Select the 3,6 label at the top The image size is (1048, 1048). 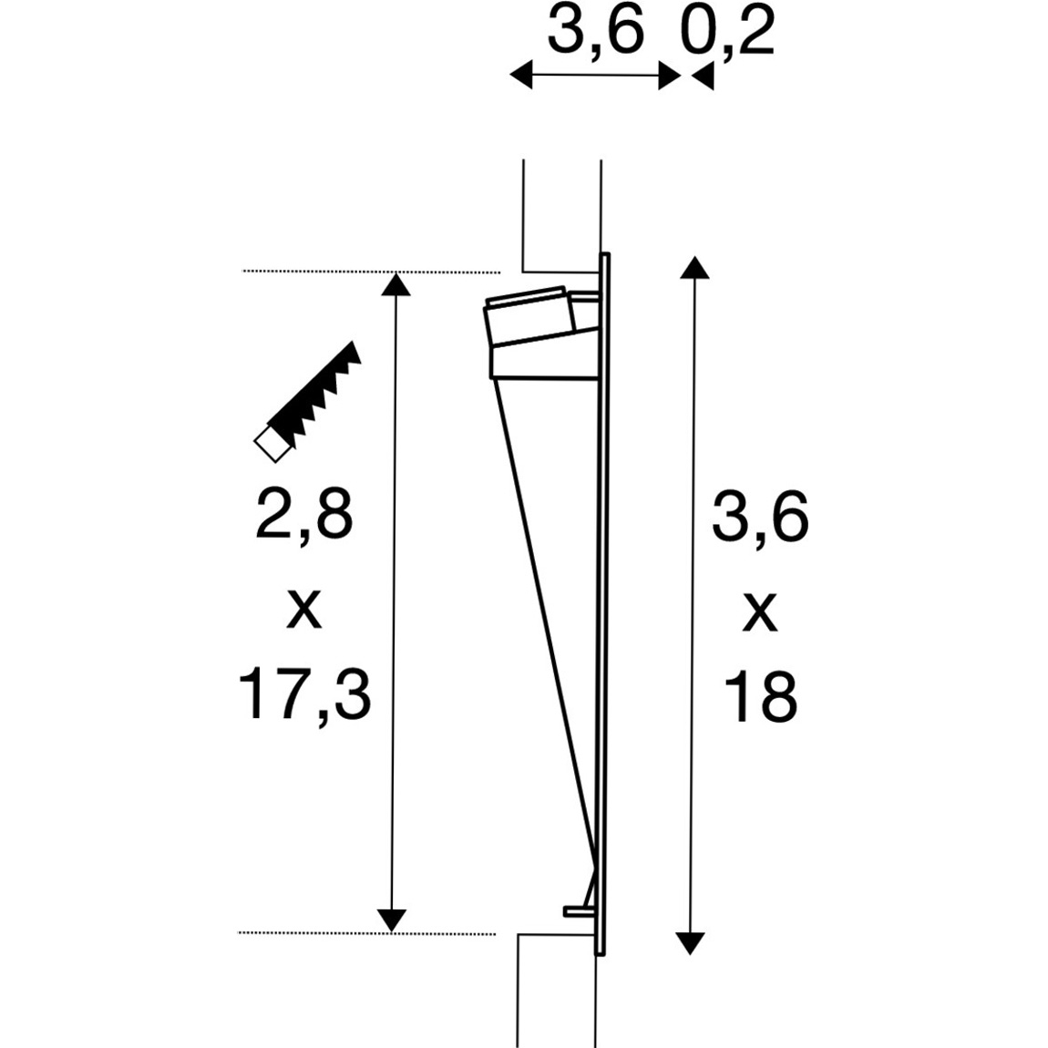click(x=595, y=31)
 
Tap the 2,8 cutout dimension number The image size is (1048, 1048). click(x=304, y=515)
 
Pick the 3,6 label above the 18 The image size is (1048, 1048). click(x=761, y=517)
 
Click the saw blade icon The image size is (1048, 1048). click(x=315, y=390)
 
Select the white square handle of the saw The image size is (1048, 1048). click(x=273, y=444)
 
